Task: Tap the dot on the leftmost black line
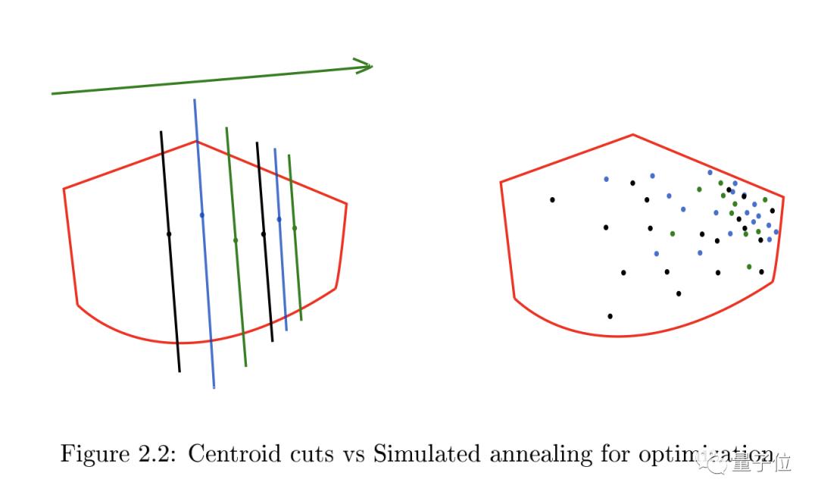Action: pyautogui.click(x=169, y=234)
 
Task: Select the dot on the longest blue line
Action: pyautogui.click(x=201, y=215)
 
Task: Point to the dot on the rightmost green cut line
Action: pyautogui.click(x=295, y=227)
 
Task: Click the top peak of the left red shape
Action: pyautogui.click(x=196, y=141)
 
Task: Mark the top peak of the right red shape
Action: pyautogui.click(x=632, y=135)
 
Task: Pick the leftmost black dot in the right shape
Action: pyautogui.click(x=552, y=200)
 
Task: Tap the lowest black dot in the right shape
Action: pyautogui.click(x=610, y=316)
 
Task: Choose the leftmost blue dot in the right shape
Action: pyautogui.click(x=606, y=179)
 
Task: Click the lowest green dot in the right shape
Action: pyautogui.click(x=749, y=267)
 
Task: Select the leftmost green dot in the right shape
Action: pyautogui.click(x=672, y=233)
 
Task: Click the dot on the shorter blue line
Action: pyautogui.click(x=279, y=219)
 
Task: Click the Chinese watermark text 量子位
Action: pyautogui.click(x=770, y=462)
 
